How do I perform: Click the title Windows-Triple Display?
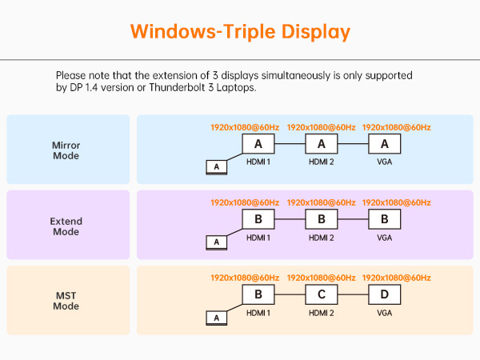pyautogui.click(x=240, y=32)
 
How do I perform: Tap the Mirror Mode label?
pyautogui.click(x=66, y=150)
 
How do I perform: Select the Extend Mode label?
pyautogui.click(x=66, y=226)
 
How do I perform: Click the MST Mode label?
pyautogui.click(x=66, y=301)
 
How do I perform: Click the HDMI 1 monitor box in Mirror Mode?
pyautogui.click(x=258, y=144)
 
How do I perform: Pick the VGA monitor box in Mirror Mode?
pyautogui.click(x=384, y=144)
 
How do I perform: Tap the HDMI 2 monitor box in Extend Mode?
pyautogui.click(x=321, y=219)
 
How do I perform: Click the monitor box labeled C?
pyautogui.click(x=321, y=294)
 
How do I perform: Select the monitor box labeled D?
pyautogui.click(x=384, y=294)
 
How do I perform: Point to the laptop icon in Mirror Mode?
pyautogui.click(x=215, y=166)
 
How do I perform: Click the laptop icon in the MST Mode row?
pyautogui.click(x=215, y=318)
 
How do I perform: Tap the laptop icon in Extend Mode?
pyautogui.click(x=215, y=242)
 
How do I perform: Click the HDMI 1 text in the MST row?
pyautogui.click(x=258, y=313)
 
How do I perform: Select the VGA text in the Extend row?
pyautogui.click(x=384, y=238)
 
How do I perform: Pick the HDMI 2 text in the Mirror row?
pyautogui.click(x=321, y=162)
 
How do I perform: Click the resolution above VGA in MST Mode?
pyautogui.click(x=397, y=278)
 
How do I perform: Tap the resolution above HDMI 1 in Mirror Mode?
pyautogui.click(x=245, y=127)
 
